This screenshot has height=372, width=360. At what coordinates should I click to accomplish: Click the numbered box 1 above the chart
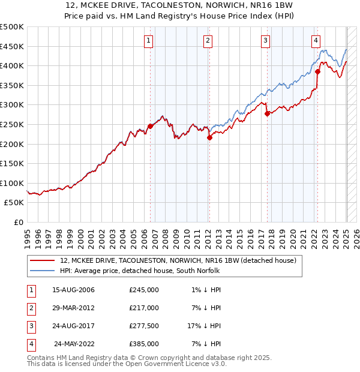click(148, 41)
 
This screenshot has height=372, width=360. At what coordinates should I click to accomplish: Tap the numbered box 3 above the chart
click(265, 41)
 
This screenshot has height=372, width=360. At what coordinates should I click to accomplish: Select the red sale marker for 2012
click(209, 137)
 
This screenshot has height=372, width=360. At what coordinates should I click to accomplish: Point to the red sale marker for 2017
click(267, 113)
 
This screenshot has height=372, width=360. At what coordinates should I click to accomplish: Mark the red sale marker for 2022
click(317, 71)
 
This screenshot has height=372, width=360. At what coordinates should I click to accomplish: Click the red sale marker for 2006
click(150, 126)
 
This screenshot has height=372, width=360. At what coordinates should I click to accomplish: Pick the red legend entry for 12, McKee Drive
click(178, 261)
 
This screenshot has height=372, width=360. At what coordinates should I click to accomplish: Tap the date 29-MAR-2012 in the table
click(73, 308)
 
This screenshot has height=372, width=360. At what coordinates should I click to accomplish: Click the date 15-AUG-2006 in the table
click(74, 290)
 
